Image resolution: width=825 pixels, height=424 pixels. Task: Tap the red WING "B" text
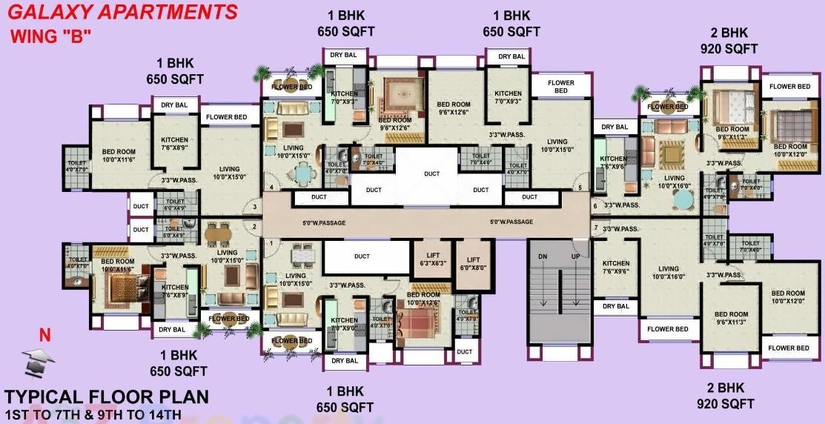(x=50, y=36)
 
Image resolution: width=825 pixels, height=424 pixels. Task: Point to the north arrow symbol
(x=39, y=360)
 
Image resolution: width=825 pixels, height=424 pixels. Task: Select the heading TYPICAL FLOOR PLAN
(x=107, y=397)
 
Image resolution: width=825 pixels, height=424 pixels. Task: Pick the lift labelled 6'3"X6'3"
(x=432, y=259)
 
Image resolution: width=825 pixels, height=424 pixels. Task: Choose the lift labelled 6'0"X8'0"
(x=473, y=263)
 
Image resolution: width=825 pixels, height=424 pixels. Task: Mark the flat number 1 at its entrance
(x=271, y=243)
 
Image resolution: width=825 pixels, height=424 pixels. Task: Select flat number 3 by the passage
(x=254, y=208)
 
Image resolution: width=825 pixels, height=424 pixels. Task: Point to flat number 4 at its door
(x=271, y=188)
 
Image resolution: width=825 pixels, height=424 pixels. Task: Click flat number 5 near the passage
(x=580, y=188)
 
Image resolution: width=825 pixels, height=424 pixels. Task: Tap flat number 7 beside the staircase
(x=595, y=227)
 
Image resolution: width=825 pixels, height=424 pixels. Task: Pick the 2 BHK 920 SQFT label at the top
(x=729, y=41)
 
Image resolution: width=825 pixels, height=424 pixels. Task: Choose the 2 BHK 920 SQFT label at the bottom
(x=726, y=396)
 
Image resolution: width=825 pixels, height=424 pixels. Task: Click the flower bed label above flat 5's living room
(x=560, y=86)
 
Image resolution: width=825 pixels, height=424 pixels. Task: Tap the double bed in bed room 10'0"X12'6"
(x=420, y=322)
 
